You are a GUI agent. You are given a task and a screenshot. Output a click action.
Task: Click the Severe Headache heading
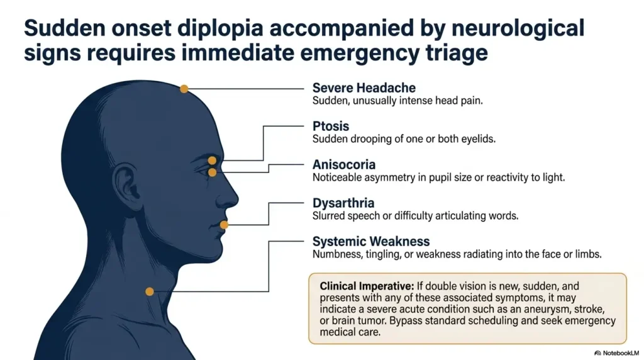pos(364,87)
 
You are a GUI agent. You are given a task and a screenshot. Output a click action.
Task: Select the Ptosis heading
pos(331,126)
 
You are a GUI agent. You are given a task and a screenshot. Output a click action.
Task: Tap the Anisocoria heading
pos(344,164)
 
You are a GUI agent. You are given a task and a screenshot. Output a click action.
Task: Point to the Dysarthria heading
pos(343,203)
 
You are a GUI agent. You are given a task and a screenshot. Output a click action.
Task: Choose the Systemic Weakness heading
pos(371,241)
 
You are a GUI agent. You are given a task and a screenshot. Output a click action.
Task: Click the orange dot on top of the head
pos(184,89)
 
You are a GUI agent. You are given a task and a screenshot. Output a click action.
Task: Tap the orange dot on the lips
pos(224,225)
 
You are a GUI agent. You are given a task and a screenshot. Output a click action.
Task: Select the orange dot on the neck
pos(150,291)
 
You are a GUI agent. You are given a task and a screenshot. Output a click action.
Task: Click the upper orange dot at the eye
pos(212,160)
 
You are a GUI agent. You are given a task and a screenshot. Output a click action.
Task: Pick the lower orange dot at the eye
pos(212,172)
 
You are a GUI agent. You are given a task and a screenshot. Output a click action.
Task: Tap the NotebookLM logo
pos(616,352)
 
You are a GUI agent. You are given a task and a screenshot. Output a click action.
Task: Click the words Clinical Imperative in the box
pos(367,286)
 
